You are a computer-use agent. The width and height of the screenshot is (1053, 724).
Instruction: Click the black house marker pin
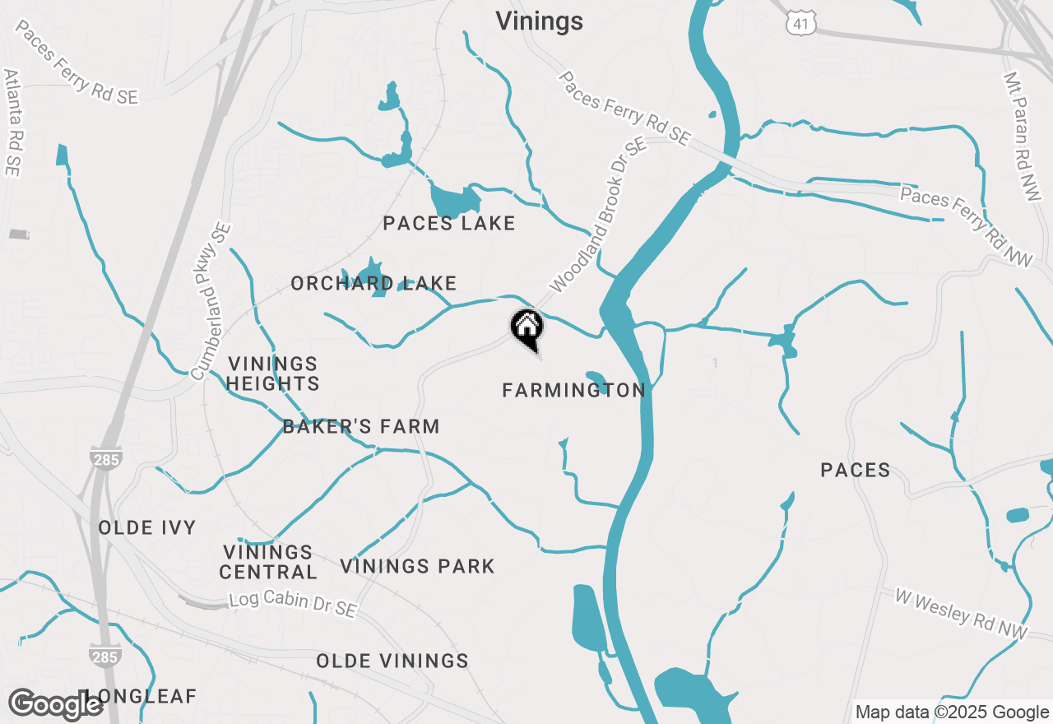527,327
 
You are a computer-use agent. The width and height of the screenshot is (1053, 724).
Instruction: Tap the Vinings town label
539,21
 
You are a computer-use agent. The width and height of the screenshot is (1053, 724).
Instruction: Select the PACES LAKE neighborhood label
449,223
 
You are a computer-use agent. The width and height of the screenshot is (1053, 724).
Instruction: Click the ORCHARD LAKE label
373,284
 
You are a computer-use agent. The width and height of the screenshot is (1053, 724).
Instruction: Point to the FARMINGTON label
574,390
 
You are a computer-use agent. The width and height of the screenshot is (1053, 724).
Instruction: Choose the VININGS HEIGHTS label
273,374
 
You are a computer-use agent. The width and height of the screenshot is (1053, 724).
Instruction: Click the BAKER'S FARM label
361,426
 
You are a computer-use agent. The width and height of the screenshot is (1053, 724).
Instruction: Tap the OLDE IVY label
147,527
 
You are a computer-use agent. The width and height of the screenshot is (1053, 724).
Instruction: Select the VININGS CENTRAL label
268,562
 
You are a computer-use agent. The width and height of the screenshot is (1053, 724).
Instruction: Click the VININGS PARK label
417,566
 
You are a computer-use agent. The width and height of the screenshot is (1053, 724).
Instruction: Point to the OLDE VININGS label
392,661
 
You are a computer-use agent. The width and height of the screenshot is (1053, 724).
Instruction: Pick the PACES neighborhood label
856,470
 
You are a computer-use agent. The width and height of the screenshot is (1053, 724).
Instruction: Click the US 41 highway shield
800,24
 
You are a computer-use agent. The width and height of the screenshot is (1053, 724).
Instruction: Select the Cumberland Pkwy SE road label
211,302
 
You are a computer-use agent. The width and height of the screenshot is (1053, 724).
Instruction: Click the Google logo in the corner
56,704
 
